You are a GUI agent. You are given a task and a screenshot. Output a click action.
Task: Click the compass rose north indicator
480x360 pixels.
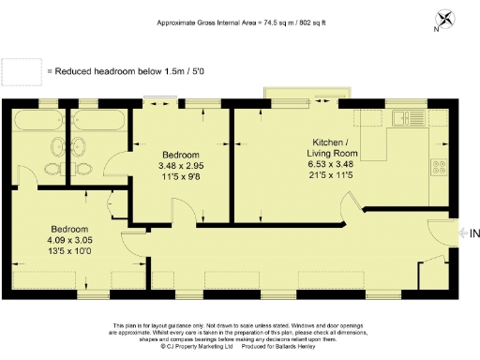[444, 18]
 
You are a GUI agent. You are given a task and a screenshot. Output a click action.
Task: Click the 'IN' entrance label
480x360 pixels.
[474, 232]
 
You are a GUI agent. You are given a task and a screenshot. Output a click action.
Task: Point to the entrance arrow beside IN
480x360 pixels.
[462, 232]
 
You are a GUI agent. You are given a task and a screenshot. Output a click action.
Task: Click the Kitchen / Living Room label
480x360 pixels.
[335, 148]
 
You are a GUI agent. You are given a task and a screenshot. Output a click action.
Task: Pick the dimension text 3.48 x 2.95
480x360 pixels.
[180, 167]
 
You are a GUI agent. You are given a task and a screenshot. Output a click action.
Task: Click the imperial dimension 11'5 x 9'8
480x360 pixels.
[180, 178]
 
